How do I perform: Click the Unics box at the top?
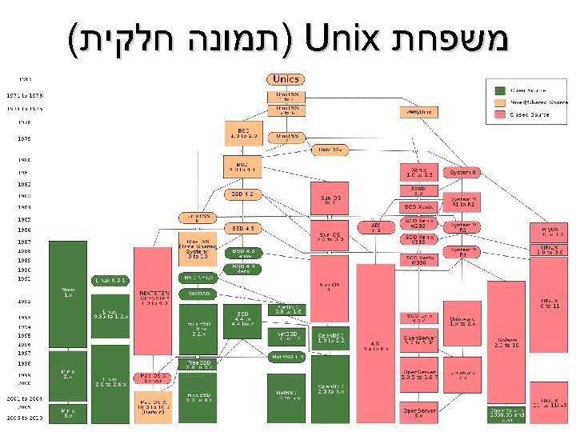coord(285,80)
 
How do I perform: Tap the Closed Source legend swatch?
coord(500,115)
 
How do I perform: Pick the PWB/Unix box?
coord(418,112)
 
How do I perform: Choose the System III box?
coord(463,173)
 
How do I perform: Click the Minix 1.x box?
coord(68,292)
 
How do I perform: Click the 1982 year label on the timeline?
coord(25,183)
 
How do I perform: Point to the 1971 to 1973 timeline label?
coord(24,94)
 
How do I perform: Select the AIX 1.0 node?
coord(376,227)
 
